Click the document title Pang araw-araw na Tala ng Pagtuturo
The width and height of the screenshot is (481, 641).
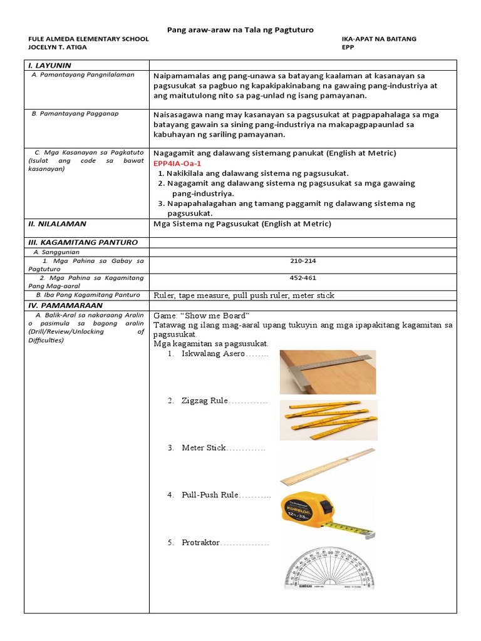[240, 30]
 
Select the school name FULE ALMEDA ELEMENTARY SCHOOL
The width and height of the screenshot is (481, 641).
[88, 39]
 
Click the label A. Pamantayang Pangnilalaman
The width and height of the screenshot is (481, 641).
[83, 74]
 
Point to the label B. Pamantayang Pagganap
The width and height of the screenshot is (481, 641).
[75, 114]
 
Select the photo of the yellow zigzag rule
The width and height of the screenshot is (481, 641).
[328, 419]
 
